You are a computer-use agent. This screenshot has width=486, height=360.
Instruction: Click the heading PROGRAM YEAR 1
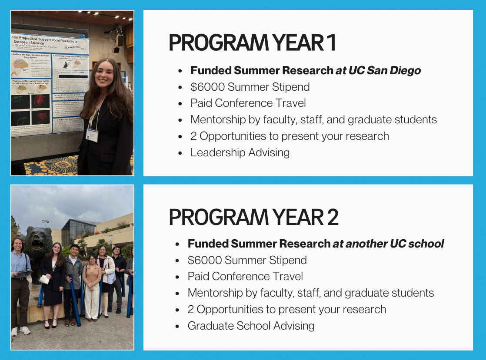pyautogui.click(x=252, y=43)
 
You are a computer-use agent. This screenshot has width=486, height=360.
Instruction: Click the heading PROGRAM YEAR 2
pyautogui.click(x=253, y=217)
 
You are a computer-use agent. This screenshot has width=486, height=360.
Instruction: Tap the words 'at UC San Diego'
pyautogui.click(x=378, y=70)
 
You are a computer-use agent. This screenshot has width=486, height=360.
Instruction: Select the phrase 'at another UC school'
pyautogui.click(x=388, y=244)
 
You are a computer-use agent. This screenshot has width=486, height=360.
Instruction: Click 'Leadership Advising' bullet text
pyautogui.click(x=240, y=152)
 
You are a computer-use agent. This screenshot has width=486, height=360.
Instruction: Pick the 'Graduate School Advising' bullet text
pyautogui.click(x=251, y=326)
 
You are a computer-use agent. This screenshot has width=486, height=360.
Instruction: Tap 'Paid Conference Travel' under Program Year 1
pyautogui.click(x=248, y=103)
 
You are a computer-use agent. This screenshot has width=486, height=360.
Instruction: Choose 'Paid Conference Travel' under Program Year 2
pyautogui.click(x=245, y=277)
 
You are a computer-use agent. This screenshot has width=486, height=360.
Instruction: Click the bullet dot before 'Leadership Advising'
pyautogui.click(x=180, y=153)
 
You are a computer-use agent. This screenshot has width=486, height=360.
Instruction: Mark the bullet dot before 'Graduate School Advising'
pyautogui.click(x=177, y=326)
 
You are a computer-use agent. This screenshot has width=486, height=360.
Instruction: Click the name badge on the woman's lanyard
pyautogui.click(x=92, y=134)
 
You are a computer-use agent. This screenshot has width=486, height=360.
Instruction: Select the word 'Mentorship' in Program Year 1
pyautogui.click(x=216, y=119)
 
